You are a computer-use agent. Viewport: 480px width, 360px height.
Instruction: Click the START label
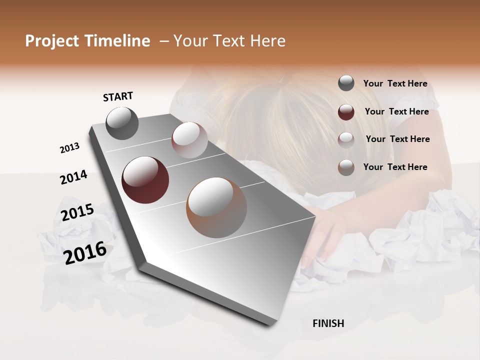[118, 96]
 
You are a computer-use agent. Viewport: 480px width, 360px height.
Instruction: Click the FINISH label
[328, 323]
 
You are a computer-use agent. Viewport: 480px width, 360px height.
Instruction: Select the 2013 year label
[70, 148]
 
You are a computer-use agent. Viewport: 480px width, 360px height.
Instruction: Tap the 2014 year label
[74, 177]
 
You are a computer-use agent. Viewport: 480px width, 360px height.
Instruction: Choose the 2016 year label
[85, 252]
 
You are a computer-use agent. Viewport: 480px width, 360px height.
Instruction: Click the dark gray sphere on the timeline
[122, 123]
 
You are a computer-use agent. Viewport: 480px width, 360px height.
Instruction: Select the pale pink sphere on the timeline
[189, 140]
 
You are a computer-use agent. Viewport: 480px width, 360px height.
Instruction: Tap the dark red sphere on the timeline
[145, 180]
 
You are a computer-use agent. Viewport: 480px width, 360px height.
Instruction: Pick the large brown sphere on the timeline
[216, 207]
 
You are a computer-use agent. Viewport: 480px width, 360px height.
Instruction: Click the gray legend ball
[346, 83]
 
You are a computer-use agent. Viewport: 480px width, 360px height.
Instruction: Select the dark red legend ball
[346, 112]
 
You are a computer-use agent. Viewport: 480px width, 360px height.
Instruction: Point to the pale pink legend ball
[346, 139]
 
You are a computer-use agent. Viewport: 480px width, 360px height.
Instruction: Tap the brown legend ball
[346, 167]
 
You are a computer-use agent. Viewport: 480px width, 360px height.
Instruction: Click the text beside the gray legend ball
[395, 84]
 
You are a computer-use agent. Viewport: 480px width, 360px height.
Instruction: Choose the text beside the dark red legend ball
[396, 111]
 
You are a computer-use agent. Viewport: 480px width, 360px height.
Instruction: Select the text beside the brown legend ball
[395, 167]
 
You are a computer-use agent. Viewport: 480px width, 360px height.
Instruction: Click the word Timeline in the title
[117, 41]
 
